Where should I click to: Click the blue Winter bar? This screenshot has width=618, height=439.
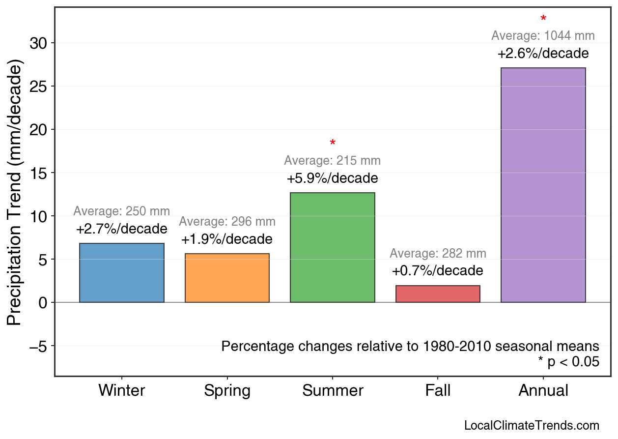click(x=122, y=273)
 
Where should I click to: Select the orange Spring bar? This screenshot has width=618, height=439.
click(x=227, y=278)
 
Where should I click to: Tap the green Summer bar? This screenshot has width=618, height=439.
click(x=333, y=247)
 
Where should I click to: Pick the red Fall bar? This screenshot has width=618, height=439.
click(x=438, y=294)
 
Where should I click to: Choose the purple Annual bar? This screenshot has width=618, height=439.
click(x=543, y=185)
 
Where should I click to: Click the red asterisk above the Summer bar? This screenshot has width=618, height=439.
click(x=333, y=144)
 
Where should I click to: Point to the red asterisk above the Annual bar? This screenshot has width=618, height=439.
click(x=543, y=19)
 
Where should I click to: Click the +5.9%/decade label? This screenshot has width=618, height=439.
click(x=333, y=178)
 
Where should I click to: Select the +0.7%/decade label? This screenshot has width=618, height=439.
click(x=438, y=271)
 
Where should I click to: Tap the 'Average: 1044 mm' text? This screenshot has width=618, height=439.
click(x=543, y=36)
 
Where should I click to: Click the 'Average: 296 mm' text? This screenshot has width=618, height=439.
click(x=227, y=222)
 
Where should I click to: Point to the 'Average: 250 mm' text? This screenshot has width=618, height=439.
click(x=122, y=211)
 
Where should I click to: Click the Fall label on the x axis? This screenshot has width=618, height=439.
click(x=438, y=391)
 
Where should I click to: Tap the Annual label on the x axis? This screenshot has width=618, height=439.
click(x=543, y=391)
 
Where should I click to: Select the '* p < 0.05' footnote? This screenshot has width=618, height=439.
click(x=568, y=362)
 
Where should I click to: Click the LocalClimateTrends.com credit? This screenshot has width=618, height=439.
click(x=532, y=426)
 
